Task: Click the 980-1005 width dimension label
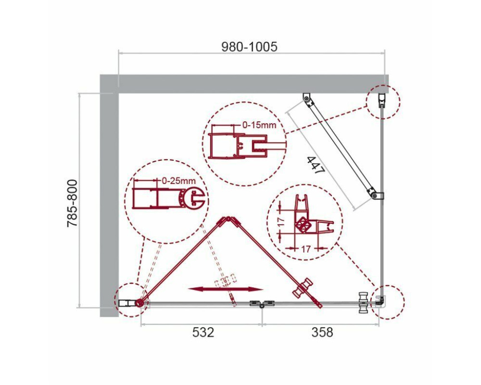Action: pyautogui.click(x=249, y=47)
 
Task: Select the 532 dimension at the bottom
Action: pyautogui.click(x=203, y=332)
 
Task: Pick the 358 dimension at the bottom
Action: pyautogui.click(x=322, y=332)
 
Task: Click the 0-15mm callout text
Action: pyautogui.click(x=259, y=125)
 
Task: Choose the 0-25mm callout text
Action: pyautogui.click(x=179, y=181)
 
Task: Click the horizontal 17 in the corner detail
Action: pyautogui.click(x=305, y=249)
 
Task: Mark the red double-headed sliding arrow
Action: pyautogui.click(x=226, y=289)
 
